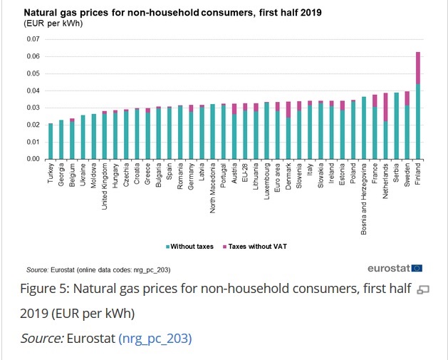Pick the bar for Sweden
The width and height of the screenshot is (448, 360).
click(407, 125)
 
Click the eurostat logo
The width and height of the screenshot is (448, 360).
click(395, 269)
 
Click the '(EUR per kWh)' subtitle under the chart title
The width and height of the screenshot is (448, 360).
click(53, 24)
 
